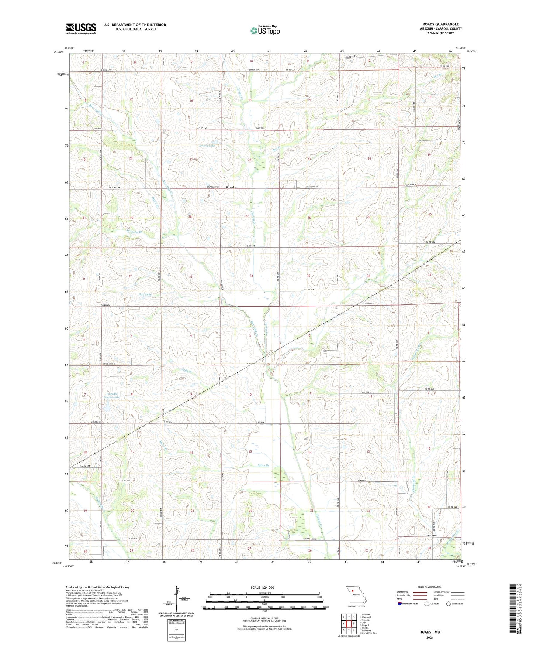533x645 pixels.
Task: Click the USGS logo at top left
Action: click(x=81, y=28)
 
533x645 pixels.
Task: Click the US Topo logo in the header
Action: click(x=265, y=30)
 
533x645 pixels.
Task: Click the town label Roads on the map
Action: click(x=231, y=187)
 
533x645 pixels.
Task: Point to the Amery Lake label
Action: click(x=207, y=146)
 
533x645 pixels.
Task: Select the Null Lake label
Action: click(x=134, y=294)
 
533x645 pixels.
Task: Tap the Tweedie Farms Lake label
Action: click(x=112, y=395)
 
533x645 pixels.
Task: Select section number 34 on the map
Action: click(x=252, y=276)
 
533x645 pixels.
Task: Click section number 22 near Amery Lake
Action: click(x=250, y=160)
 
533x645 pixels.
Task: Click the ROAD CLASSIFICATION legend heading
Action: click(x=430, y=587)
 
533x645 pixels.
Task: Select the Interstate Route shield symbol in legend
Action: click(x=400, y=604)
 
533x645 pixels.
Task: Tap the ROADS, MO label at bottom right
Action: click(x=430, y=632)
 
